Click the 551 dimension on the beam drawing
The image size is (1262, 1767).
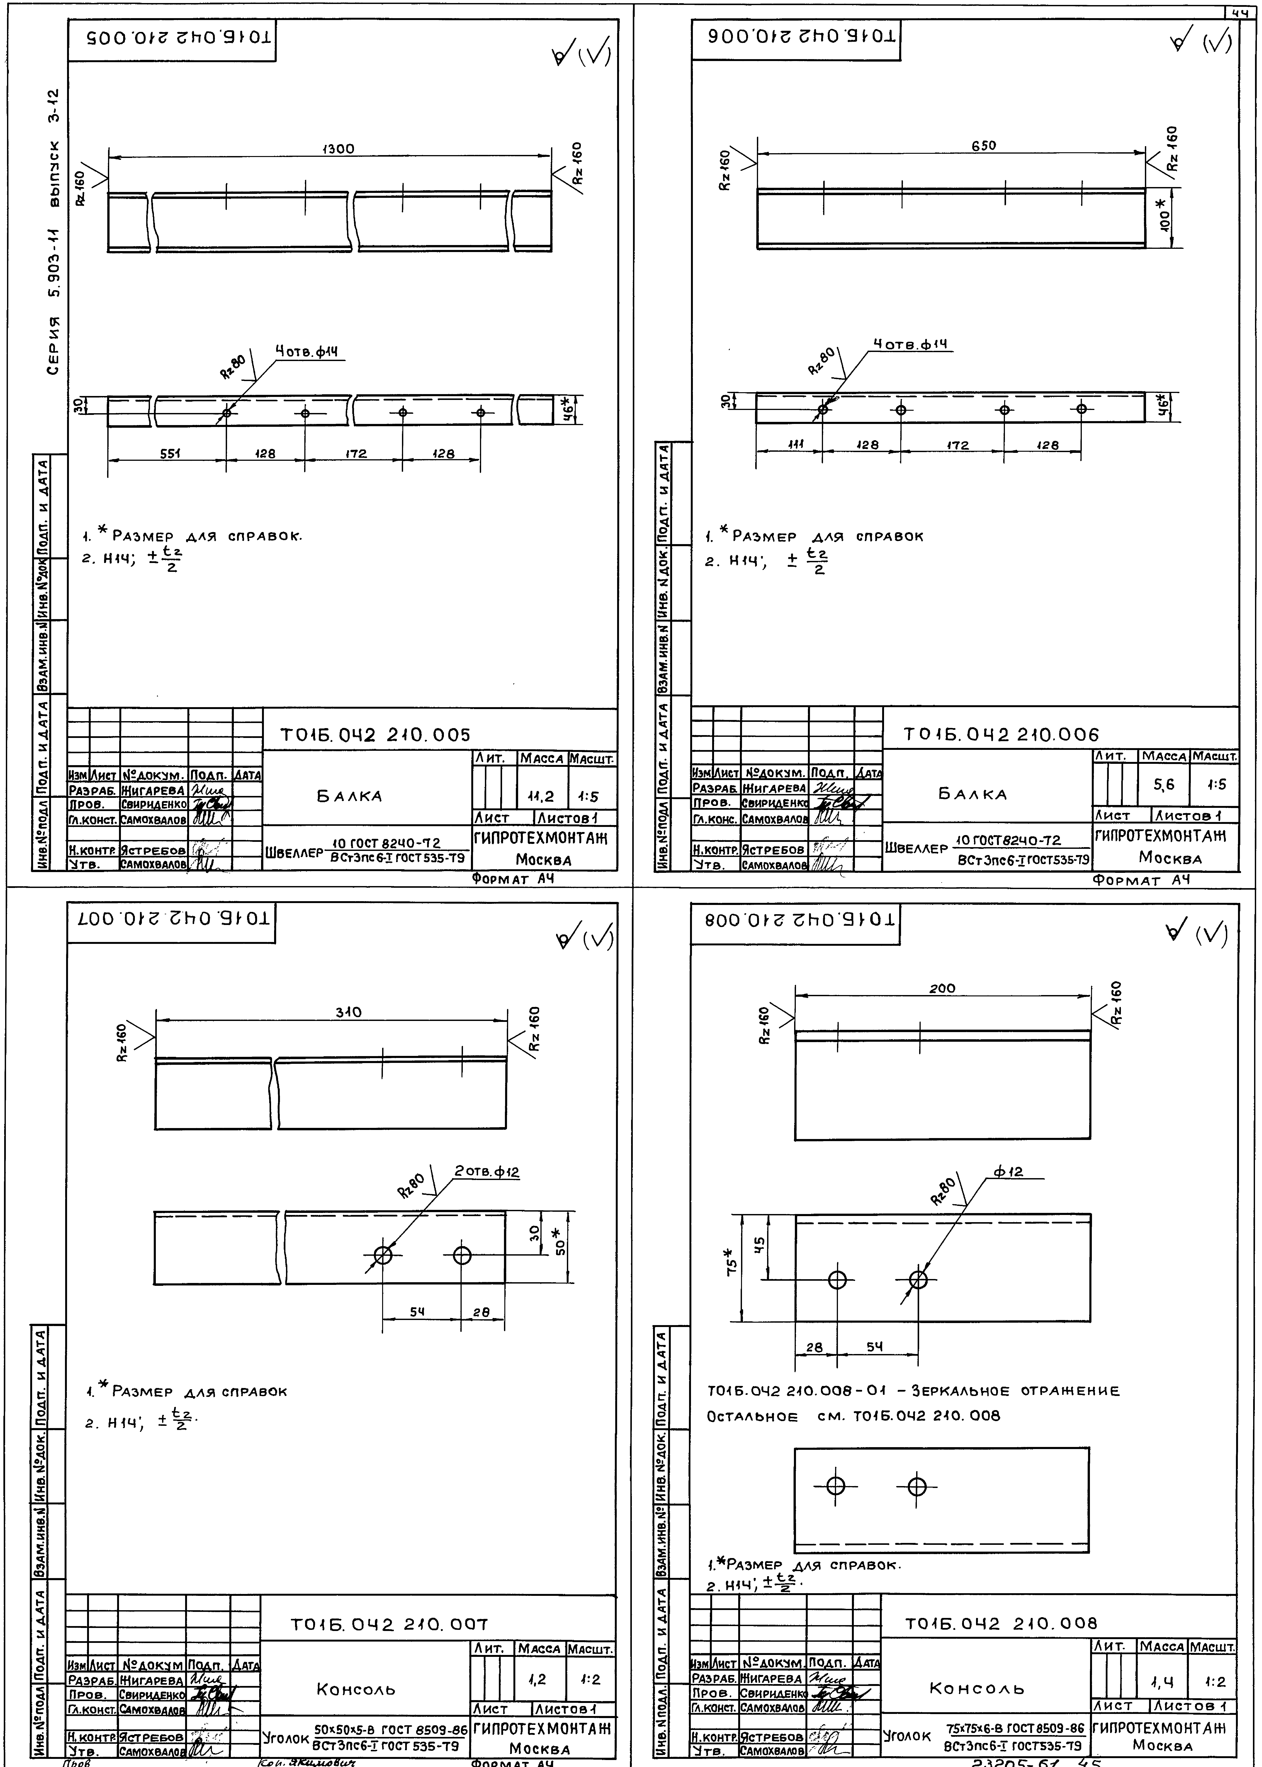170,454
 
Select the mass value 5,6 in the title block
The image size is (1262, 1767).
1163,785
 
